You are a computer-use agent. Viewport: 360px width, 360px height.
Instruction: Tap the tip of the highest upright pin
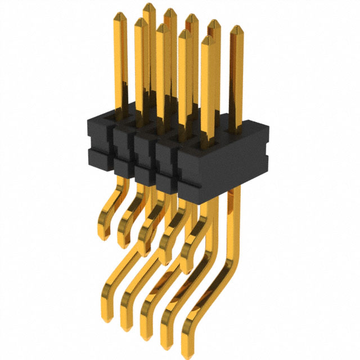149,6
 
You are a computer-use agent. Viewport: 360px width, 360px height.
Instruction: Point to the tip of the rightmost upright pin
236,29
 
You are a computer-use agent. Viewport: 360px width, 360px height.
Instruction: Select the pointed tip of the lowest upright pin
208,40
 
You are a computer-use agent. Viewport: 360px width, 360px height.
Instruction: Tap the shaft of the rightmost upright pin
236,79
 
